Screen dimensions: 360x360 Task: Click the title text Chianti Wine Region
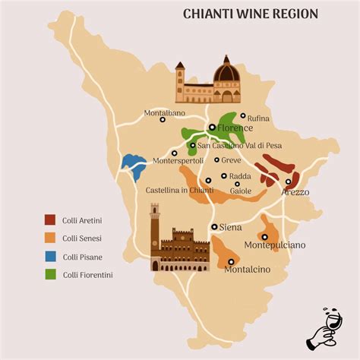click(x=250, y=14)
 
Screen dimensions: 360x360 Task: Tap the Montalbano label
click(x=166, y=114)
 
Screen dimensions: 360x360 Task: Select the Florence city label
click(x=235, y=128)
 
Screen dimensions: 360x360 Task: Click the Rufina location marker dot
click(x=242, y=116)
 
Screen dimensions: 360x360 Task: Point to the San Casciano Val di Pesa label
click(x=237, y=145)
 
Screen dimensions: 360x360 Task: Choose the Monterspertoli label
click(x=179, y=161)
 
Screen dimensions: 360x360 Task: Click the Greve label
click(x=231, y=161)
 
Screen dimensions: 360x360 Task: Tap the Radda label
click(x=239, y=175)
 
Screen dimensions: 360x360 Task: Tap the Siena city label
click(x=230, y=227)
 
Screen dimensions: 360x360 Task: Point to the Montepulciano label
click(x=274, y=245)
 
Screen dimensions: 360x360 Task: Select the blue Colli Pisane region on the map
click(x=134, y=166)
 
